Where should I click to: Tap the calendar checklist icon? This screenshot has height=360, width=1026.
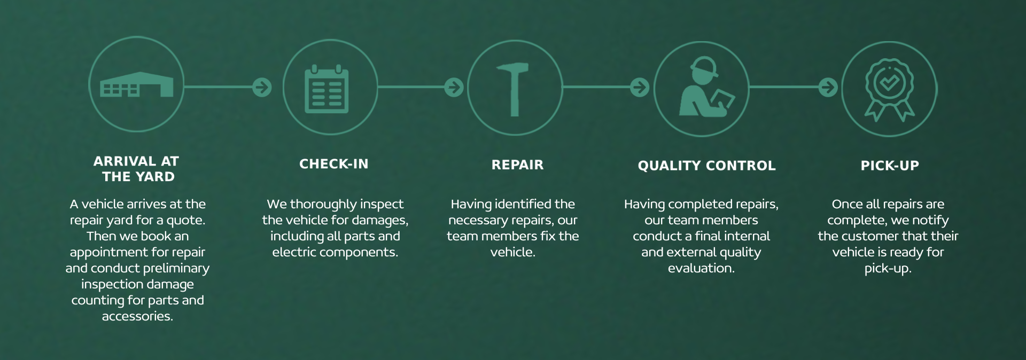(x=327, y=89)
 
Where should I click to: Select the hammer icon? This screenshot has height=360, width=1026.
(x=513, y=89)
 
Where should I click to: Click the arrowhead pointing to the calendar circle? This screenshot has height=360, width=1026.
(x=262, y=87)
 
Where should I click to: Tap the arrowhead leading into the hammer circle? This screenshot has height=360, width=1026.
(x=454, y=87)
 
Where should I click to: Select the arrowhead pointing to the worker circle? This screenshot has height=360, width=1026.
(x=640, y=87)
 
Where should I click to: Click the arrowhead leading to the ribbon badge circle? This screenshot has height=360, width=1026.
(x=828, y=87)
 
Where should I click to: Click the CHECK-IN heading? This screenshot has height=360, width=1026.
(x=334, y=164)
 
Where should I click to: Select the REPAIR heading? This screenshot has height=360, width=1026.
(x=517, y=165)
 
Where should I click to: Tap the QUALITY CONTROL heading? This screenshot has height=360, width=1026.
(x=706, y=166)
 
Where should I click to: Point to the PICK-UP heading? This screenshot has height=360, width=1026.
(x=890, y=166)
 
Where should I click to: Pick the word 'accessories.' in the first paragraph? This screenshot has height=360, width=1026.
(x=137, y=316)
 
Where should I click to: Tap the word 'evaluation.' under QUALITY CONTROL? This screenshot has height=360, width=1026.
(x=701, y=268)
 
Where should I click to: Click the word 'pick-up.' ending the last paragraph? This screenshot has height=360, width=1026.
(x=888, y=269)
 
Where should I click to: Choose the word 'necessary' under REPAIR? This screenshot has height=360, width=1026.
(x=476, y=221)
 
